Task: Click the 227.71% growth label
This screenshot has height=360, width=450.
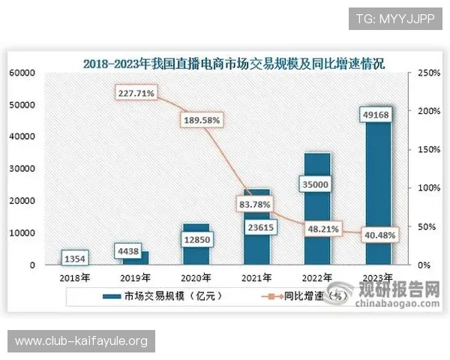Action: [x=136, y=94]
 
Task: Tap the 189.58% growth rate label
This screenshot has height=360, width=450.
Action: [x=199, y=119]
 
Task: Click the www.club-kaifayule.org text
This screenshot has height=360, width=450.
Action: [x=81, y=342]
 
